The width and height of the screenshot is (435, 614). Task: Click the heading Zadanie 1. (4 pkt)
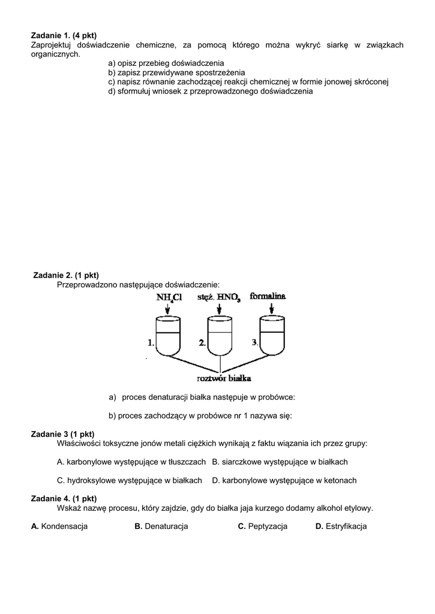pos(64,35)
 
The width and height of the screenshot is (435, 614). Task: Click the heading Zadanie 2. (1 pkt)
pos(66,275)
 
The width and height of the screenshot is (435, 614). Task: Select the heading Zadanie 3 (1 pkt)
pos(62,434)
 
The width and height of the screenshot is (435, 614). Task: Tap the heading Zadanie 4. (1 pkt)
pos(64,498)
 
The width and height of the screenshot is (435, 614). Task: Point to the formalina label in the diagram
pos(268,296)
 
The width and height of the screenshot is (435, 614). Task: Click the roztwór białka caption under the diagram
pos(224,378)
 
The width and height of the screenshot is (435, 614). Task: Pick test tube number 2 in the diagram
pos(220,335)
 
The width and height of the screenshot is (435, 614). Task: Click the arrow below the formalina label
pos(272,308)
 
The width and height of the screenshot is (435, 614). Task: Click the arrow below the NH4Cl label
pos(167,308)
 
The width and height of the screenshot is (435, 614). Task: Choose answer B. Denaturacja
pos(161,526)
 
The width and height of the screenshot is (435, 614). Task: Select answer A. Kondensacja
pos(59,526)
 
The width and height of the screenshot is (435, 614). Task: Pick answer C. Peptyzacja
pos(263,526)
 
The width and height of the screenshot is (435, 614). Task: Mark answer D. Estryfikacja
pos(341,526)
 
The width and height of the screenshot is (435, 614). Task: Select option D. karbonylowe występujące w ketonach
pos(284,480)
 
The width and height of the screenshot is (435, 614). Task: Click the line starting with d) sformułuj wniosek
pos(211,91)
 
